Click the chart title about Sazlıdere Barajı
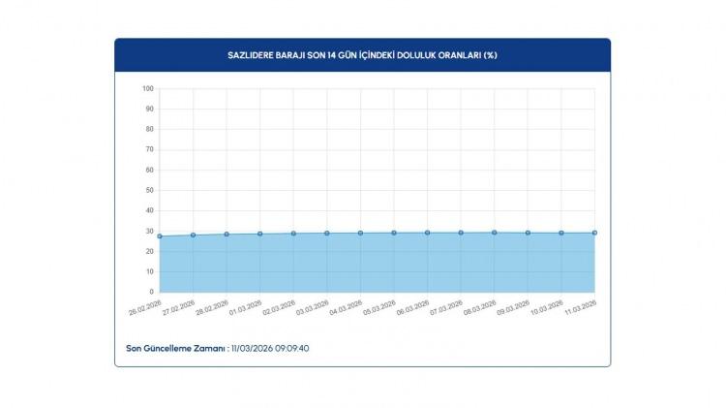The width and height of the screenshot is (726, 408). click(x=362, y=54)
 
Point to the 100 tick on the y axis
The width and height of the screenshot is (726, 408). click(x=148, y=88)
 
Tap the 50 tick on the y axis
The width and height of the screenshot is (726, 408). click(x=148, y=190)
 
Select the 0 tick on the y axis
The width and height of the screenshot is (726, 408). click(x=150, y=292)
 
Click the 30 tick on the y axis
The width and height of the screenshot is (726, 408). click(x=148, y=231)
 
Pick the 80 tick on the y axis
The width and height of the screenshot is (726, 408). click(x=148, y=129)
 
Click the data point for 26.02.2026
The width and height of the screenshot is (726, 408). click(x=160, y=235)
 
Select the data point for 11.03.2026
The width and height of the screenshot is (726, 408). click(x=594, y=233)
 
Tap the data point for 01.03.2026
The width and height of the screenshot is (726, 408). click(x=260, y=234)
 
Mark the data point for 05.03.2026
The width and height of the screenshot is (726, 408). click(x=394, y=233)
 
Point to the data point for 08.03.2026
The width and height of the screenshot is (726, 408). click(x=495, y=233)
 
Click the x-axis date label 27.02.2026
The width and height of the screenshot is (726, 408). click(x=179, y=309)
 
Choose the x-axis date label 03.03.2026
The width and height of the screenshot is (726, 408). click(x=313, y=309)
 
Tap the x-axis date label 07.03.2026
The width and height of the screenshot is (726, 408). click(x=446, y=309)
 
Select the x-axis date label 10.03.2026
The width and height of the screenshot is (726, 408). click(x=547, y=309)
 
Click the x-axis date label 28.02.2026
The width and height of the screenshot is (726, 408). click(x=212, y=309)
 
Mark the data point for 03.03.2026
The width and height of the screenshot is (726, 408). click(x=327, y=233)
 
